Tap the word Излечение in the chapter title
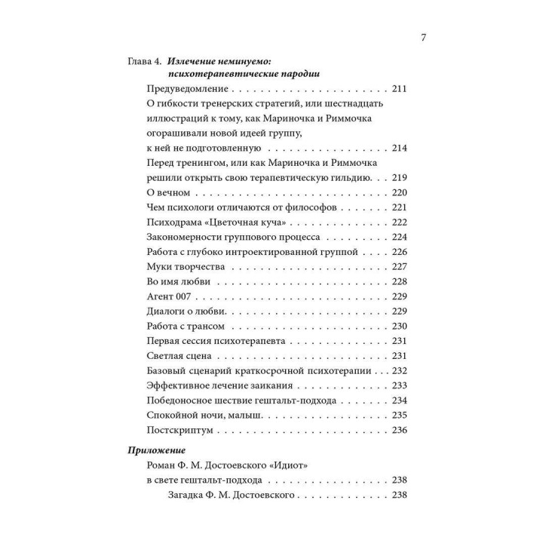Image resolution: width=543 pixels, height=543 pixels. (x=191, y=60)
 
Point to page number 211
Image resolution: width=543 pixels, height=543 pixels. (x=400, y=90)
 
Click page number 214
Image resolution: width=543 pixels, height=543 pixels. (x=400, y=148)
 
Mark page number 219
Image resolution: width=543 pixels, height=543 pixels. (x=400, y=177)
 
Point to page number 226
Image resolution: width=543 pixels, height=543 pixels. (x=400, y=251)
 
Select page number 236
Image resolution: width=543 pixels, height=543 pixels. (x=400, y=429)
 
